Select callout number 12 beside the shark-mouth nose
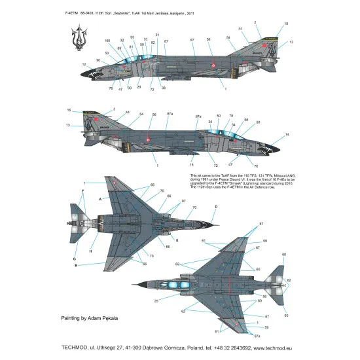tap(84, 64)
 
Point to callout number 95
tap(132, 37)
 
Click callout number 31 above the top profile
tap(158, 35)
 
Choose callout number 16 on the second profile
tap(69, 110)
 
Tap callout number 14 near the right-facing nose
tap(286, 135)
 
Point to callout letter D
tap(215, 207)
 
